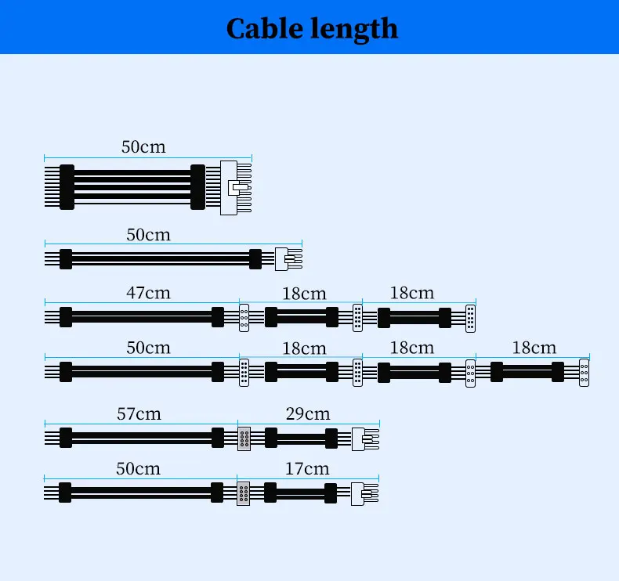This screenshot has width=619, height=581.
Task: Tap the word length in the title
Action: pos(354,28)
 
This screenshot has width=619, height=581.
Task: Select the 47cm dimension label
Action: pos(148,293)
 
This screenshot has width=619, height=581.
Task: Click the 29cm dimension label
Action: pos(308,413)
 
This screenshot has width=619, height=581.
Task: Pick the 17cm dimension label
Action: pos(307,468)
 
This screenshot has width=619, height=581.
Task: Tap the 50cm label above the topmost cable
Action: pos(143,146)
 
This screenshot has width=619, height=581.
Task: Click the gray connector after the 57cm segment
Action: pos(244,438)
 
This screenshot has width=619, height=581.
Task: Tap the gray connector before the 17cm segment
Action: pos(244,493)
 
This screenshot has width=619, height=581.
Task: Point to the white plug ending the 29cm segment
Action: pos(360,438)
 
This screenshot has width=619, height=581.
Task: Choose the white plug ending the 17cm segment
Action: pos(360,493)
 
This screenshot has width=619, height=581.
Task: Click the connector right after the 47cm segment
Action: pos(244,317)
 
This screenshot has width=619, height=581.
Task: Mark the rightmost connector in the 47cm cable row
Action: pos(470,317)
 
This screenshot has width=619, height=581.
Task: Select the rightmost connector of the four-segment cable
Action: pos(584,372)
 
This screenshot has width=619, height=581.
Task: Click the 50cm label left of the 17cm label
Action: pos(138,468)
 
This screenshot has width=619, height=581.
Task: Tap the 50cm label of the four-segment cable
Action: pos(148,347)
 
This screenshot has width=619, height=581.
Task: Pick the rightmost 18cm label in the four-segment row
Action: pos(534,347)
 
